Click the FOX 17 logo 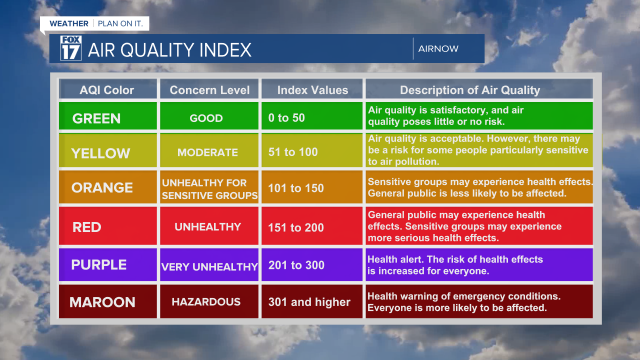70,48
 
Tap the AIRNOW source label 438,48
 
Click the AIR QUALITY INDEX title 169,50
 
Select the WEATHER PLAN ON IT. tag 94,23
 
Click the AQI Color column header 107,90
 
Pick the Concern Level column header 209,90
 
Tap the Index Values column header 312,90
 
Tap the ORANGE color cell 107,187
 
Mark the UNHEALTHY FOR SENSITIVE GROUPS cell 209,189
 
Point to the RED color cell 107,226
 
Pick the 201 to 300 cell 311,265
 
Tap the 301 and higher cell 311,301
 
